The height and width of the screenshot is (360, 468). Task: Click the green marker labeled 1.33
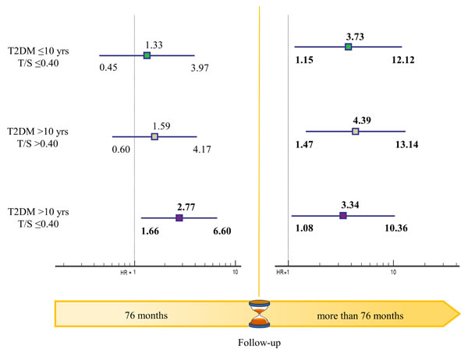[x=147, y=56]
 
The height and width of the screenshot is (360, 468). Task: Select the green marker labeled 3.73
[x=348, y=47]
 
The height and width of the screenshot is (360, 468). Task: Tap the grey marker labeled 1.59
[x=154, y=136]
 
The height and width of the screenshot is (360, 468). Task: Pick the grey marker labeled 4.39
[x=355, y=131]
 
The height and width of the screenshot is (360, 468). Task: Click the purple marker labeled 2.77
[x=179, y=218]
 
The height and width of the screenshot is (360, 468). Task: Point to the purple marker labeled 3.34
[x=342, y=214]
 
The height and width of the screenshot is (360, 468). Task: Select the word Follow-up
[x=258, y=343]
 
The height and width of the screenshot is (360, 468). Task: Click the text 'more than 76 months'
[x=360, y=316]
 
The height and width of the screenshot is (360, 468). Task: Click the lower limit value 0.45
[x=108, y=69]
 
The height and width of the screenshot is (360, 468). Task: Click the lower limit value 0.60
[x=121, y=150]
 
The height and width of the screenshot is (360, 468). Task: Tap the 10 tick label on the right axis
[x=393, y=273]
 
